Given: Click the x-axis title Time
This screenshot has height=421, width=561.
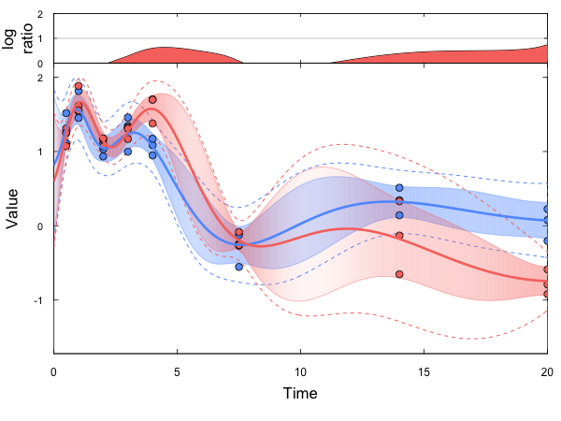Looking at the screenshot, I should click(300, 393).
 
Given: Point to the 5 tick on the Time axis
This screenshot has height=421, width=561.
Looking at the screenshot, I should click(177, 372).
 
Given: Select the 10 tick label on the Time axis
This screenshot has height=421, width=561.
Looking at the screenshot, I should click(300, 372).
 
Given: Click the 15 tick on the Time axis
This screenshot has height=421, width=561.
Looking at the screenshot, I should click(424, 372).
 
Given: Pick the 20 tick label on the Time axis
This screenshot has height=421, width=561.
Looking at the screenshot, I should click(546, 372).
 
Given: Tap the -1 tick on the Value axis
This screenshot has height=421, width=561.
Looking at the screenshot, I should click(40, 300).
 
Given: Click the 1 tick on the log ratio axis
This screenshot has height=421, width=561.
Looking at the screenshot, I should click(40, 38).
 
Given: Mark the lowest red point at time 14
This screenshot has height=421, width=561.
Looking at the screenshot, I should click(399, 274).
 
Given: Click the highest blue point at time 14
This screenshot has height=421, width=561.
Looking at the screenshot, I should click(399, 188).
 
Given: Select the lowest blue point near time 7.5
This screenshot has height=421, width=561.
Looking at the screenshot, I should click(239, 267).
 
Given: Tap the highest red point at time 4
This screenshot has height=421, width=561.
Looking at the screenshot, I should click(152, 99).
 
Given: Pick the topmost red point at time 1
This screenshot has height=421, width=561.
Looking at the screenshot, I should click(79, 86).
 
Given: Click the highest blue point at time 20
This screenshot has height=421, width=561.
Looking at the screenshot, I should click(547, 210).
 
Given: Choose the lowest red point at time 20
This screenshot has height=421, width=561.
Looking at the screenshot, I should click(547, 294).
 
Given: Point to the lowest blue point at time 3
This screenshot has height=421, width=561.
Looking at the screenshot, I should click(128, 152).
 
